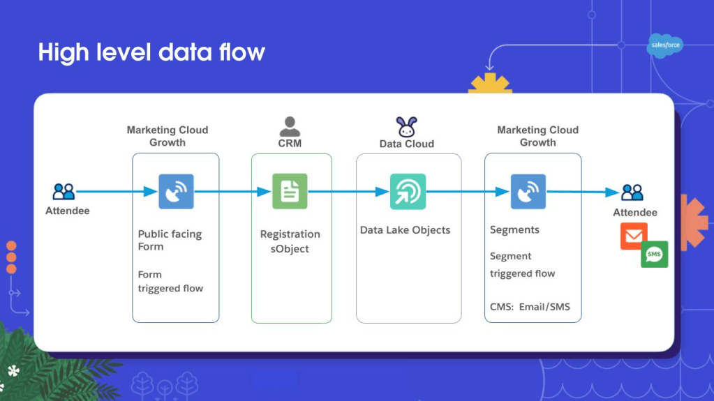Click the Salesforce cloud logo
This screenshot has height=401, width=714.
click(x=665, y=45)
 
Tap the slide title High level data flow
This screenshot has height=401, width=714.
click(x=151, y=52)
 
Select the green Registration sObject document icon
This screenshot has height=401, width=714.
click(x=290, y=191)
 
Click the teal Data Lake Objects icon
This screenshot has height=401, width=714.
click(x=408, y=192)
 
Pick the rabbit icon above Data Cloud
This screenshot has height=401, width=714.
click(x=407, y=127)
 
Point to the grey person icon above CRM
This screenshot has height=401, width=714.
click(x=290, y=126)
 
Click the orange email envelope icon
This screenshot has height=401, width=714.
click(x=634, y=236)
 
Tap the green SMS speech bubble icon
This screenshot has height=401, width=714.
click(x=655, y=254)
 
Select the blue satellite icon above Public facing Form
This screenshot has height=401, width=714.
click(x=176, y=192)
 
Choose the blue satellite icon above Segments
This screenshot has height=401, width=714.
click(x=528, y=192)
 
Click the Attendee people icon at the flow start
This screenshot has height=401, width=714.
click(x=64, y=192)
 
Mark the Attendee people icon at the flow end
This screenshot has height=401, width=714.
click(x=632, y=192)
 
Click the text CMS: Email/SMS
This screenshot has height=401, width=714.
click(x=530, y=307)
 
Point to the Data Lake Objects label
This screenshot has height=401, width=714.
click(x=405, y=230)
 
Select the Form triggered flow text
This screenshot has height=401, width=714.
click(x=170, y=281)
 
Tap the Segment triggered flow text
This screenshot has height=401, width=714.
click(x=522, y=264)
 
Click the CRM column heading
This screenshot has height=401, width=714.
click(x=290, y=144)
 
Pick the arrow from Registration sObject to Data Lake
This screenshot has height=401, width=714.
click(x=348, y=192)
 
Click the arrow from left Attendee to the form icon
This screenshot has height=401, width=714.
click(x=117, y=192)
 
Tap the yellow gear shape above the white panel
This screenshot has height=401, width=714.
click(x=490, y=83)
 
